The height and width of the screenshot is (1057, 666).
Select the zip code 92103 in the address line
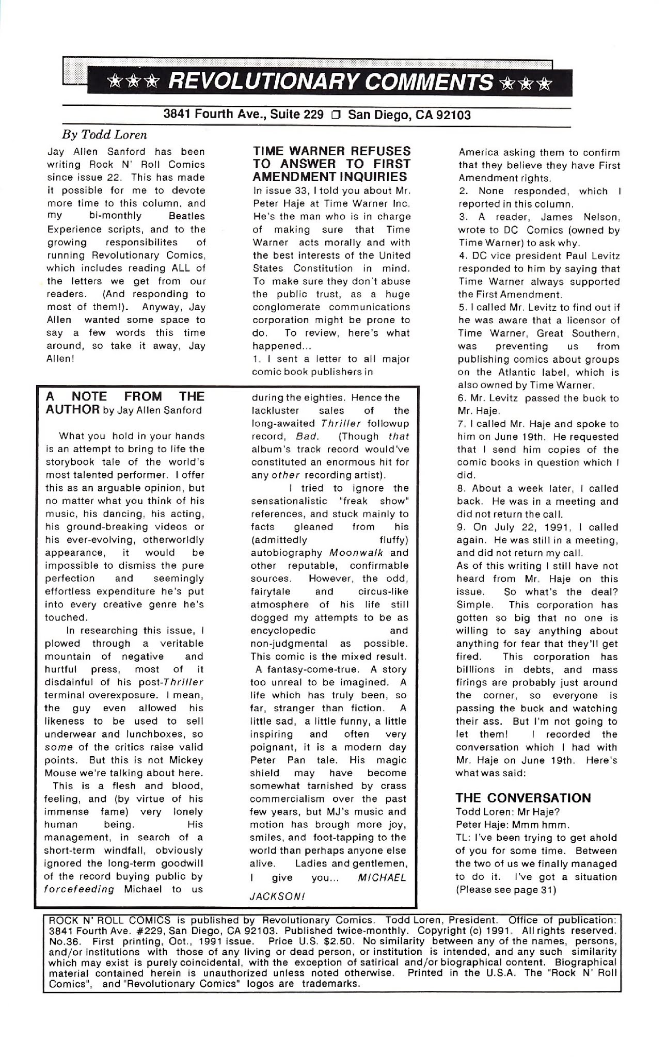(x=454, y=115)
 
